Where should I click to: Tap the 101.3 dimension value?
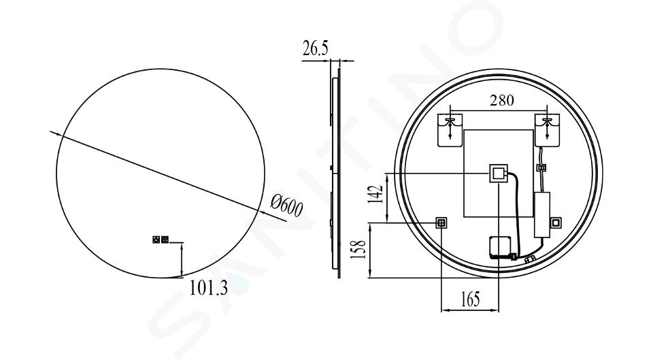(x=209, y=287)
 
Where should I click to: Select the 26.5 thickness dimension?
(x=315, y=48)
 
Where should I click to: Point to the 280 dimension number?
(x=501, y=101)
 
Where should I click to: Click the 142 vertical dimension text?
(x=375, y=194)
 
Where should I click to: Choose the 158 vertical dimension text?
(x=358, y=249)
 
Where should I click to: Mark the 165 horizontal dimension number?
(x=471, y=299)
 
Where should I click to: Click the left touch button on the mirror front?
(x=156, y=240)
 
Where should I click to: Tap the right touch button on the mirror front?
(x=165, y=240)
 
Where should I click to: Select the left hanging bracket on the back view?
(x=450, y=130)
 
